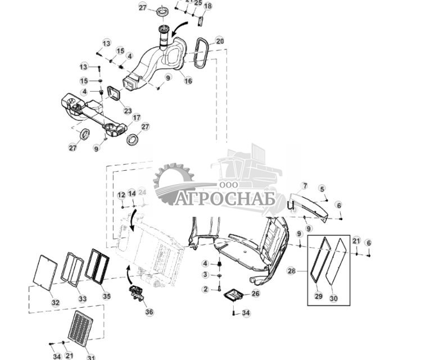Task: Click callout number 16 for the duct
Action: [188, 81]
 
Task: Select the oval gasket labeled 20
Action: [197, 53]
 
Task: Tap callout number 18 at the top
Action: [208, 6]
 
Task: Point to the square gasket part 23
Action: [115, 93]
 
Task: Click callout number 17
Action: [136, 117]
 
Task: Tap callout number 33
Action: [82, 299]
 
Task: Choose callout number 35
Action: [106, 296]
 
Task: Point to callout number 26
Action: [255, 293]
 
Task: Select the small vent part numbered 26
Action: [233, 295]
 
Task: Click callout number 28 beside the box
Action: [291, 271]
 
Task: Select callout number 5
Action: [322, 189]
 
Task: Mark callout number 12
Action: [121, 194]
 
